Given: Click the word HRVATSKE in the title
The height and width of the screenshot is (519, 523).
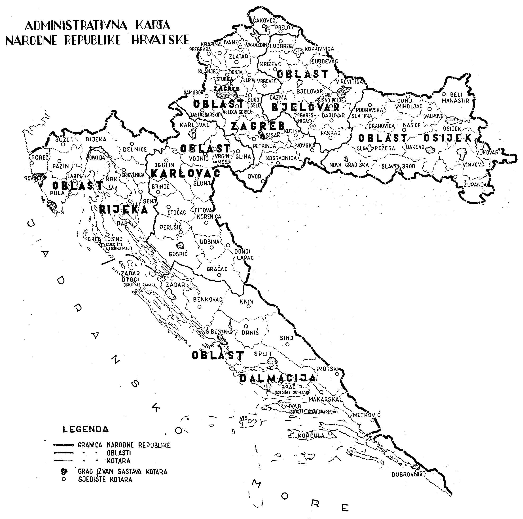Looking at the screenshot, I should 160,40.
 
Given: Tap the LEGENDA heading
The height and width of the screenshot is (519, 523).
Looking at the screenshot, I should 86,430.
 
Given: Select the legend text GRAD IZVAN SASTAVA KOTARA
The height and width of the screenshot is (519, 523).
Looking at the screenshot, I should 123,472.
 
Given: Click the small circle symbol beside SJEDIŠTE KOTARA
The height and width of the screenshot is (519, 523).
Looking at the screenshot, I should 64,479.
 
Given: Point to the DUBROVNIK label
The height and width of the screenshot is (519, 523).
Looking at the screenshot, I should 407,475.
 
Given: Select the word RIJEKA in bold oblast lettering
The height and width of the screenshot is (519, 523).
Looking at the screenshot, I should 123,210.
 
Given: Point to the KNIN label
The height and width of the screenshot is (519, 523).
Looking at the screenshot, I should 247,302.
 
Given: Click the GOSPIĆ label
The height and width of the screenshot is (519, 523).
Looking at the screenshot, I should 178,254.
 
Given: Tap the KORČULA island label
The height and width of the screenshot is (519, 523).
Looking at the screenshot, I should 311,436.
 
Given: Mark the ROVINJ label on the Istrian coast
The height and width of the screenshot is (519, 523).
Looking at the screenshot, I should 32,179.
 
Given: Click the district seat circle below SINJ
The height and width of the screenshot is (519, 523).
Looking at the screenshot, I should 288,345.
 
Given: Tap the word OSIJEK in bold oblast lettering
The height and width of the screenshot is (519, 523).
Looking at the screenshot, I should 448,138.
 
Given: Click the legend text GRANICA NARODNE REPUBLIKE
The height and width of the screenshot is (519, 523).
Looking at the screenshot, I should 124,445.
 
